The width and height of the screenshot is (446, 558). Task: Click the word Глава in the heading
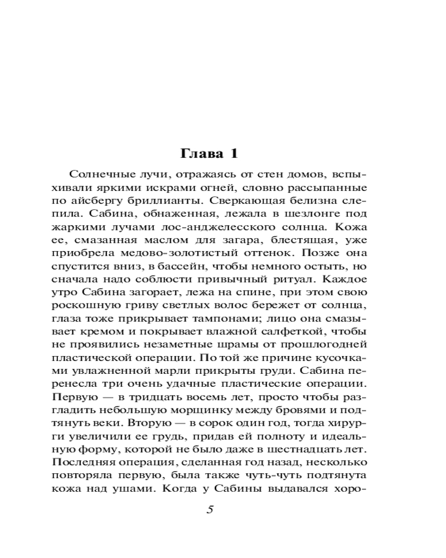(x=201, y=153)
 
